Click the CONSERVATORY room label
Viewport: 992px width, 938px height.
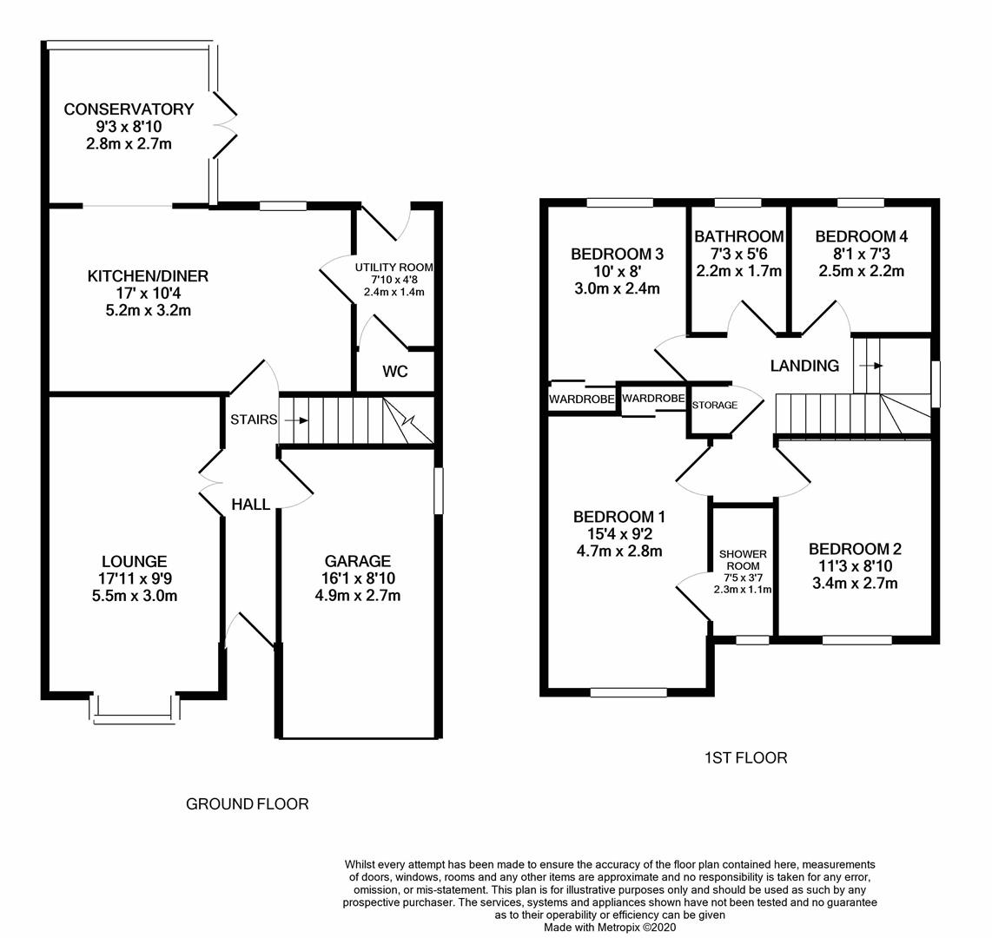[129, 109]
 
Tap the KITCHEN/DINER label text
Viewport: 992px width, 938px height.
[148, 276]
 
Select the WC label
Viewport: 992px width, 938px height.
[395, 372]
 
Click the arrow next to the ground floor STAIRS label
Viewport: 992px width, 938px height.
[296, 420]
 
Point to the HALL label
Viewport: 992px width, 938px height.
[250, 505]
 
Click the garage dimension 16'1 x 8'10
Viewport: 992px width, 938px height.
[357, 578]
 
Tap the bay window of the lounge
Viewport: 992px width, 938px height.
[135, 709]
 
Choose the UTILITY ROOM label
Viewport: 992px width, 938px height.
[393, 268]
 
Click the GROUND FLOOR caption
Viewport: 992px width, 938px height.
[248, 804]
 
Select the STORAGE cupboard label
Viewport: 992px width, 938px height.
[715, 406]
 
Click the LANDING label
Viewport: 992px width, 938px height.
[804, 366]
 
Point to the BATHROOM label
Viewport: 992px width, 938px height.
[738, 236]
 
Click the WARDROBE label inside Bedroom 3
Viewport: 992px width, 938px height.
[581, 400]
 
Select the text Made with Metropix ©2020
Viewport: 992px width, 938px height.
[609, 928]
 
